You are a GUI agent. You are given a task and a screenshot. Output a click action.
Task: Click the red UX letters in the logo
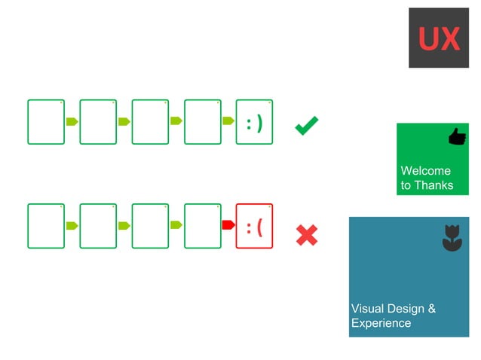pyautogui.click(x=439, y=38)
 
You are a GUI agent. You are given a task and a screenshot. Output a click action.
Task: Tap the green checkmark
pyautogui.click(x=306, y=125)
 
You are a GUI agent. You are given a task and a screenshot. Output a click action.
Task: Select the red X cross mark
pyautogui.click(x=306, y=235)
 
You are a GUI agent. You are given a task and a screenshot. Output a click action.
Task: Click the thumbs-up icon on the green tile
pyautogui.click(x=457, y=136)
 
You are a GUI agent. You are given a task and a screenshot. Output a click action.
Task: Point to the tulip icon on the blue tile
pyautogui.click(x=451, y=236)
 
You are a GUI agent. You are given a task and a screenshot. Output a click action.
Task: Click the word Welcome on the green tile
pyautogui.click(x=425, y=170)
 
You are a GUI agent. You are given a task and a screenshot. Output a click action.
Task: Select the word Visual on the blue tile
pyautogui.click(x=367, y=309)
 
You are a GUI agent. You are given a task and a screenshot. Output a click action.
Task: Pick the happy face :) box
pyautogui.click(x=255, y=121)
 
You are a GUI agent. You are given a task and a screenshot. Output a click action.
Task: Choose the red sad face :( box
pyautogui.click(x=255, y=226)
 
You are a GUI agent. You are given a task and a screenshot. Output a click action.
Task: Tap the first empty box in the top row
pyautogui.click(x=46, y=121)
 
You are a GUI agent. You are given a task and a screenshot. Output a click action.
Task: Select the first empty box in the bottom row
pyautogui.click(x=46, y=226)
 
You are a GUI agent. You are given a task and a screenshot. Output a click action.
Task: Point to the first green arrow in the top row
pyautogui.click(x=72, y=121)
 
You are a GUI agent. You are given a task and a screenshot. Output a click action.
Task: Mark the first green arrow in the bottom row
pyautogui.click(x=72, y=225)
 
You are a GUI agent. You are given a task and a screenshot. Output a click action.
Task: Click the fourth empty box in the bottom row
pyautogui.click(x=202, y=226)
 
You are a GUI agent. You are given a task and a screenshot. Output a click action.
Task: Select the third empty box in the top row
pyautogui.click(x=150, y=121)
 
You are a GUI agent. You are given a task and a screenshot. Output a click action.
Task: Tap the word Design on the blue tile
pyautogui.click(x=407, y=309)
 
